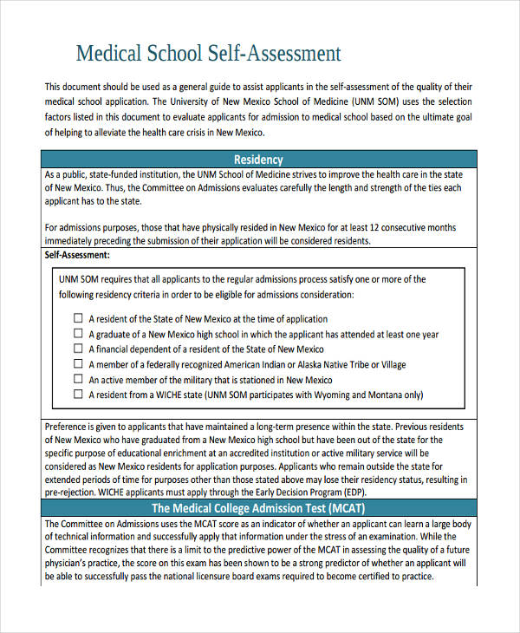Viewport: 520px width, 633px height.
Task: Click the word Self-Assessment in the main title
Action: [x=273, y=53]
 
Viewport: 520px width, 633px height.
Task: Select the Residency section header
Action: [x=258, y=160]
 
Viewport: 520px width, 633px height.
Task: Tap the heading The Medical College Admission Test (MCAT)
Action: [x=258, y=508]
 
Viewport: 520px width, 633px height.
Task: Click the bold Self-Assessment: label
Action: [x=77, y=256]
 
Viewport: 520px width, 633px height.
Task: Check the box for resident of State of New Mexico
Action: [x=78, y=318]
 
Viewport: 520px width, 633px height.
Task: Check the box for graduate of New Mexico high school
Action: [x=78, y=334]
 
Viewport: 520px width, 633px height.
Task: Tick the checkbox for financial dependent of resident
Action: [x=78, y=349]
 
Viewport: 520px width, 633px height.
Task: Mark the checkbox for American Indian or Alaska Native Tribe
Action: [x=78, y=364]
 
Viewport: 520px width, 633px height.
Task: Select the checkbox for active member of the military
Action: [x=78, y=379]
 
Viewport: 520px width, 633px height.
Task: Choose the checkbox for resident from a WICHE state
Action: [x=78, y=394]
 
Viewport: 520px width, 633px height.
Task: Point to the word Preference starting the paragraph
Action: [x=68, y=427]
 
